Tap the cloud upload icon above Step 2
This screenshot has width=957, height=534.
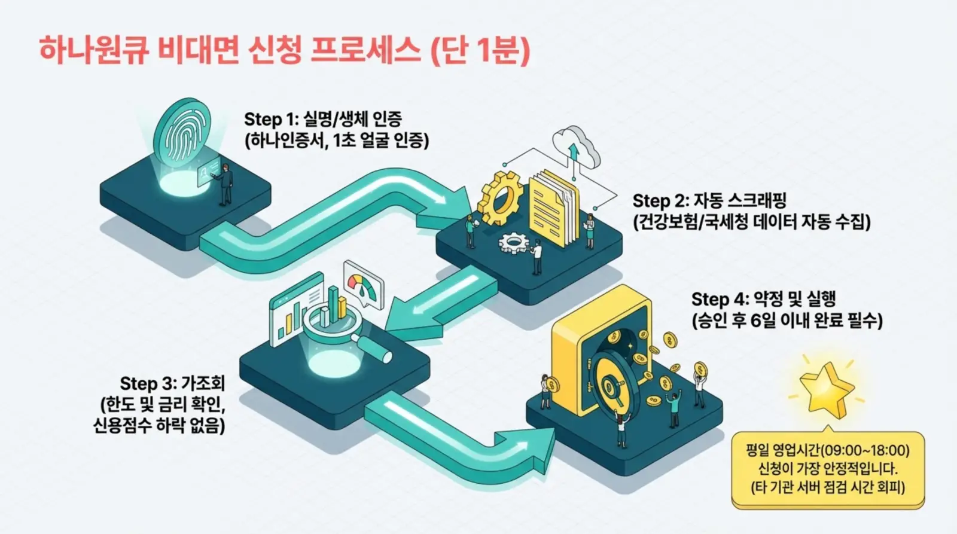point(575,147)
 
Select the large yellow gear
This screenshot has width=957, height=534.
point(501,198)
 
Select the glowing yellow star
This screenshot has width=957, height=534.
point(826,389)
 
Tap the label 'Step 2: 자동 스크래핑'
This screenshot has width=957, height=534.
point(709,200)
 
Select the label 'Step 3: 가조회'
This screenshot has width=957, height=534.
point(172,383)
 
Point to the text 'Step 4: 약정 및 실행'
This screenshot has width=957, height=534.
point(763,299)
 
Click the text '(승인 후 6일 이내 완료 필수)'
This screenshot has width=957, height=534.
point(787,321)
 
